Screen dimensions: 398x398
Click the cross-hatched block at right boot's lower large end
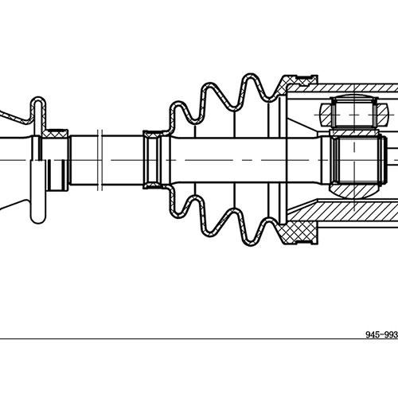(x=300, y=235)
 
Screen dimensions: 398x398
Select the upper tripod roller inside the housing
(x=351, y=111)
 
